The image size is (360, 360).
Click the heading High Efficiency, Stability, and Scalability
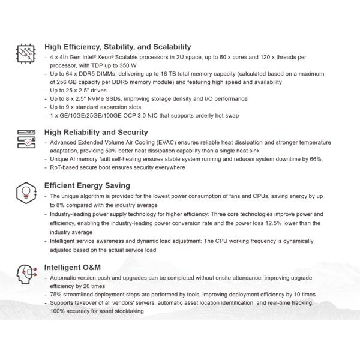pos(118,47)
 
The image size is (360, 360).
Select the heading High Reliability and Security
pos(97,133)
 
